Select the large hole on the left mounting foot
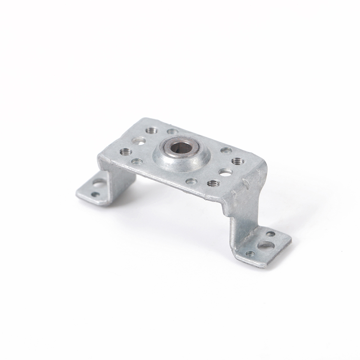(99, 183)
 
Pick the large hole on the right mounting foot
(266, 245)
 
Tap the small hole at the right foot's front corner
(250, 254)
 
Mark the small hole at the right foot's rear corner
(270, 234)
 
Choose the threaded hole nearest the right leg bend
(238, 161)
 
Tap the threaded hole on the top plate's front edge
(214, 183)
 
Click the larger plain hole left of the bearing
(139, 141)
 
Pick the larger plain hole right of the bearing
(225, 172)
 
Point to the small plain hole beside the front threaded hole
(191, 181)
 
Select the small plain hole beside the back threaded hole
(172, 131)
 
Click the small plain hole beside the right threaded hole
(226, 150)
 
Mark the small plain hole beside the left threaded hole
(137, 161)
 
